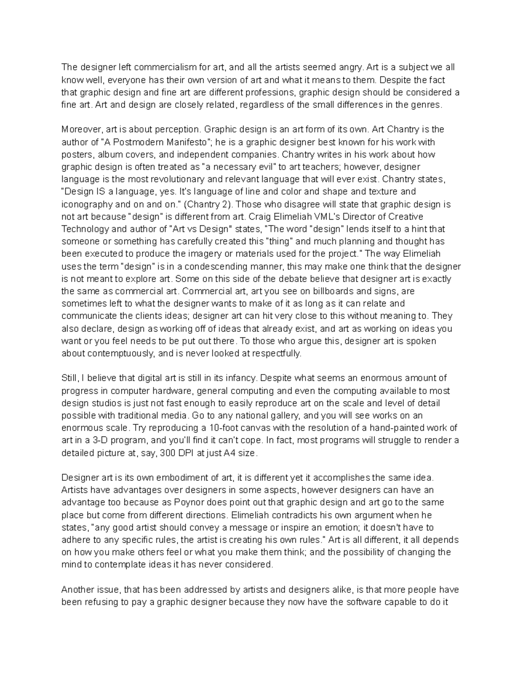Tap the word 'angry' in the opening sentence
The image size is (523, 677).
tap(351, 67)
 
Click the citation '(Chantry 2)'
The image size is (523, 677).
tap(210, 204)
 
